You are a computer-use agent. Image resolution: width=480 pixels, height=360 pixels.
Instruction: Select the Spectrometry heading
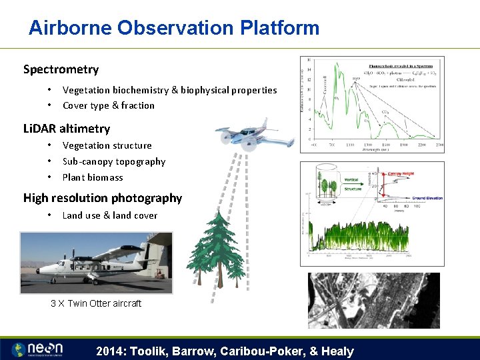pos(61,69)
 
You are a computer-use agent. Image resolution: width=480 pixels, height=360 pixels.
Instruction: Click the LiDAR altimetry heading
pos(67,129)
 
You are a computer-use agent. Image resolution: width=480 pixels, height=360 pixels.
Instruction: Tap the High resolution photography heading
pos(102,198)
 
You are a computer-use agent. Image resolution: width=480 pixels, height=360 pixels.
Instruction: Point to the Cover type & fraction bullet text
pos(108,105)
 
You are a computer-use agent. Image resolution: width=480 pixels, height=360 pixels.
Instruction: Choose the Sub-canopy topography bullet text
pos(113,161)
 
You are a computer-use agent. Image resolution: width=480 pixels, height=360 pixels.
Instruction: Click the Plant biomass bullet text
pos(93,177)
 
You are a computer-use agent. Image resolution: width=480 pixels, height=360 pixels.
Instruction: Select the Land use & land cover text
pos(110,215)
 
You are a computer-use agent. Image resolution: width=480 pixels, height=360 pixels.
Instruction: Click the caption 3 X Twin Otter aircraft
pos(96,303)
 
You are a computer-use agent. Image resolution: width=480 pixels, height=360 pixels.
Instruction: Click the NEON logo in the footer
pos(39,349)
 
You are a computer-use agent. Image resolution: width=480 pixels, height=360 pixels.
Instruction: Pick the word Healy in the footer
pos(337,351)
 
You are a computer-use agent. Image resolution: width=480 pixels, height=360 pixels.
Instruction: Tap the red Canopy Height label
pos(401,174)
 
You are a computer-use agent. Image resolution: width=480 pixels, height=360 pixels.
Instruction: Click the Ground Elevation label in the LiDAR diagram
pos(427,198)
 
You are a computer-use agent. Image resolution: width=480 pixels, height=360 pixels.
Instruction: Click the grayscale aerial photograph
pos(373,300)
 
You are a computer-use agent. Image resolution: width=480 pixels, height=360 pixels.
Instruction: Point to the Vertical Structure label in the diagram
pos(351,184)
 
